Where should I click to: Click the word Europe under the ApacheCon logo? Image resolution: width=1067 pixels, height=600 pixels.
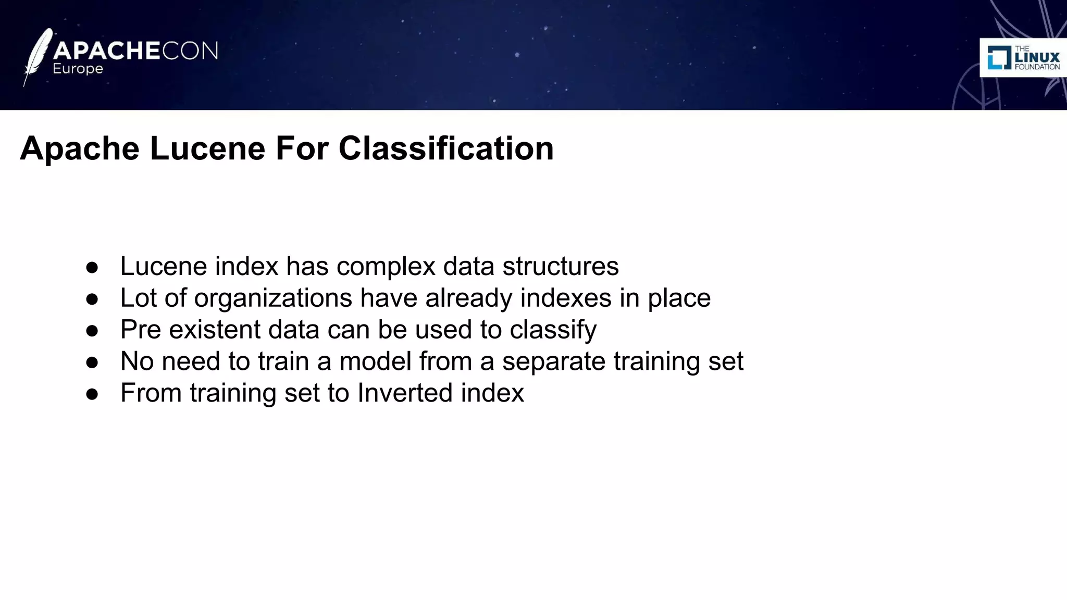click(78, 69)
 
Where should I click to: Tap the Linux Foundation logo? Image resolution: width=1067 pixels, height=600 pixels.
click(1023, 58)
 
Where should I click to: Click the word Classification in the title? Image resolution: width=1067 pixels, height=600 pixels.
click(446, 148)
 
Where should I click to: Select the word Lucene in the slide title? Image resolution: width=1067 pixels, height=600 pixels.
click(208, 148)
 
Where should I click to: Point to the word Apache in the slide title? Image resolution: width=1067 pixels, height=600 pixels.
click(80, 148)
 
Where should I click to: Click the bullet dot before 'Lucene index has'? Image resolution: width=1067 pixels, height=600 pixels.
click(92, 268)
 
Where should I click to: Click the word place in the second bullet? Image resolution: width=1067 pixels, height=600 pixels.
click(679, 298)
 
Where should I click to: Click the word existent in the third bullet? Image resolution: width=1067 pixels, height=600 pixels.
click(215, 330)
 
